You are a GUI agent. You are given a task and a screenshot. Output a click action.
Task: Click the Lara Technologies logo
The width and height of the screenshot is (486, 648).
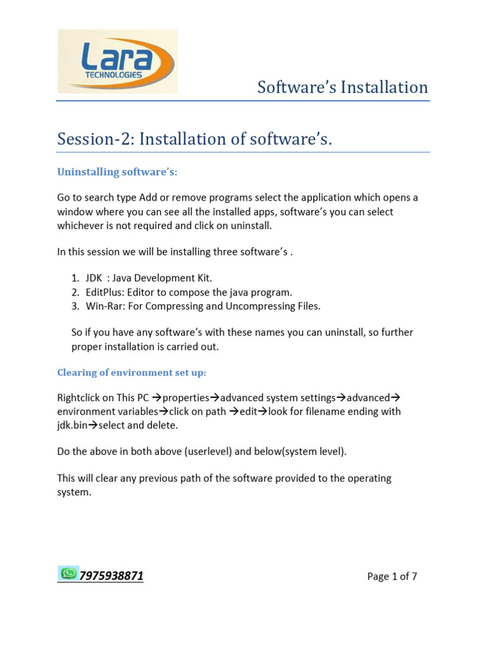click(118, 61)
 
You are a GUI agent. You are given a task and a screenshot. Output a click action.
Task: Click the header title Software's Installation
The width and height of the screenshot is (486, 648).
click(342, 87)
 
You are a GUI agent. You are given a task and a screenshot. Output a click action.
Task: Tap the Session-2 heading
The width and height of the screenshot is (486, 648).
click(194, 139)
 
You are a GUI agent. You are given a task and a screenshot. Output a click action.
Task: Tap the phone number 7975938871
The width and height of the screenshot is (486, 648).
click(111, 576)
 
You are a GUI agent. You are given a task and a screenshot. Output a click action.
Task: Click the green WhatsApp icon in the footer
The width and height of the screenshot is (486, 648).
click(68, 573)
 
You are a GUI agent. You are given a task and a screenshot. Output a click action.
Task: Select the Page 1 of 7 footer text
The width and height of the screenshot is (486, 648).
click(392, 576)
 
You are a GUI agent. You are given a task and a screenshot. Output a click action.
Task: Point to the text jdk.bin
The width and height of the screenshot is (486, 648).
click(72, 426)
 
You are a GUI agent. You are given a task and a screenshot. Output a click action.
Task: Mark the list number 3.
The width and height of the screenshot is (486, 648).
click(73, 306)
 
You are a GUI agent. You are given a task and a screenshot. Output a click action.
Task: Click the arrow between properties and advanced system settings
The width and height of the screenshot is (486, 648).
click(214, 398)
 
